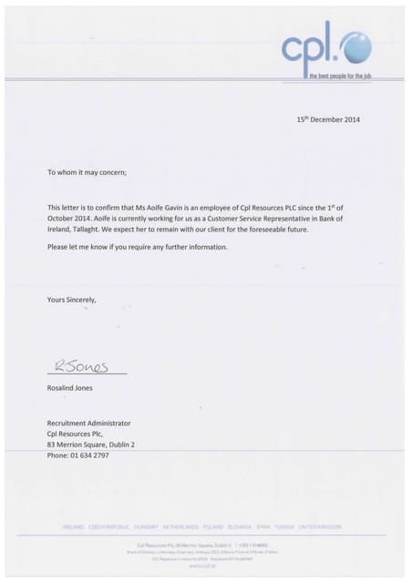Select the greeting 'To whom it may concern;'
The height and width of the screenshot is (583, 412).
tap(87, 171)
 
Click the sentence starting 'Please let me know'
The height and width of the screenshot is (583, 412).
tap(137, 248)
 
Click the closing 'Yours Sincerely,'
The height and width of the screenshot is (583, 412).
tap(72, 299)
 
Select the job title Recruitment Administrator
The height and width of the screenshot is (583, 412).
tap(89, 423)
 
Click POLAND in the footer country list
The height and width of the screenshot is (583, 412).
tap(213, 527)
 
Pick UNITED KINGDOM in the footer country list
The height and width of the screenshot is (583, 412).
tap(321, 527)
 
